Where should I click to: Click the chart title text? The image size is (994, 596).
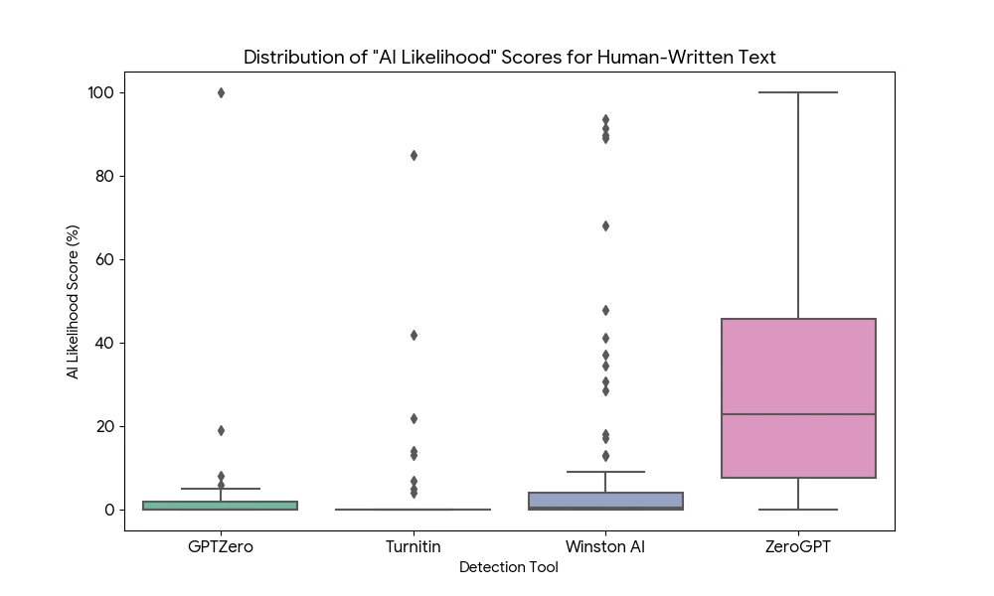(x=509, y=58)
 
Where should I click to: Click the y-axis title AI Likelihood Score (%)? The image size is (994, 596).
(x=73, y=300)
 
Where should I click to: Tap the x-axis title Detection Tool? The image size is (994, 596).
(x=509, y=567)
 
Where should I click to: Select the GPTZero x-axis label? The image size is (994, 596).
(x=221, y=546)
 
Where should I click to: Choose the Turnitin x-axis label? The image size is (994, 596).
(x=414, y=546)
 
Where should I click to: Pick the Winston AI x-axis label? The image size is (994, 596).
(x=605, y=546)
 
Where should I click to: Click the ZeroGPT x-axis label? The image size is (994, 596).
(x=798, y=546)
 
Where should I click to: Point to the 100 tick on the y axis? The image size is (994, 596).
(x=100, y=92)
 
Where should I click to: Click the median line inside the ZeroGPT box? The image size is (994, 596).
(x=798, y=414)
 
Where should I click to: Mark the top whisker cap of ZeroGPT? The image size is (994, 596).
(x=798, y=92)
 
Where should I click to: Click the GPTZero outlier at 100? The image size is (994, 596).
(x=221, y=92)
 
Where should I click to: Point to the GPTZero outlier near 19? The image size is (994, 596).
(x=221, y=430)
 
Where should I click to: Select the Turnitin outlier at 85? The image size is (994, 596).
(x=414, y=155)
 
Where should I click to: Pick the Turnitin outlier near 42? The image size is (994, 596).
(x=414, y=335)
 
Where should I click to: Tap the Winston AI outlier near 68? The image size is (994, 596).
(x=605, y=225)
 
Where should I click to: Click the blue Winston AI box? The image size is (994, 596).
(x=605, y=500)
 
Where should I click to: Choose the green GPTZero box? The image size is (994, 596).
(x=221, y=506)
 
